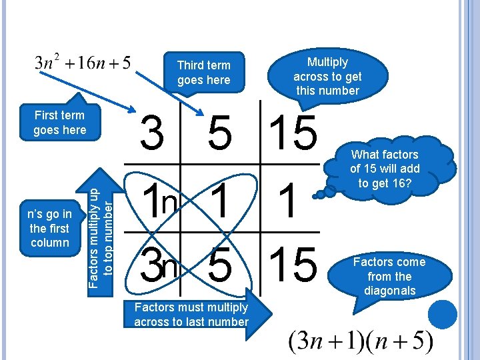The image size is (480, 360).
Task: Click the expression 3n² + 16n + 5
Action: (x=83, y=63)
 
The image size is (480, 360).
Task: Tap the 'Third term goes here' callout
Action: (x=203, y=72)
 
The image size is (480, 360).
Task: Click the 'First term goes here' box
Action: (x=59, y=123)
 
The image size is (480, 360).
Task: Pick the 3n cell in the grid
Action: (x=160, y=263)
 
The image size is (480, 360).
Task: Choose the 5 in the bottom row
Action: (x=221, y=263)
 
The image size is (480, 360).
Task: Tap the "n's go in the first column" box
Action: (x=50, y=228)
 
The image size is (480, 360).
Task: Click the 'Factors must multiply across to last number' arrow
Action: (x=193, y=314)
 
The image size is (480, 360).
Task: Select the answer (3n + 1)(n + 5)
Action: (x=360, y=342)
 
